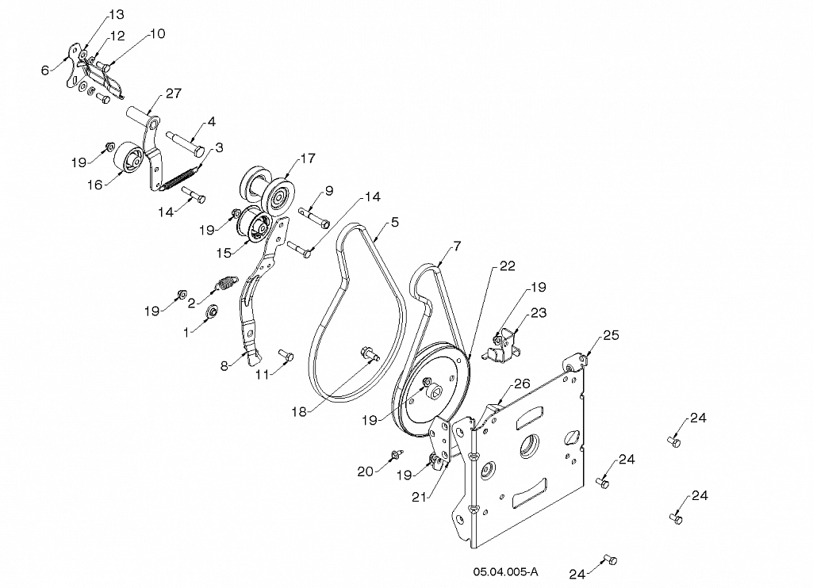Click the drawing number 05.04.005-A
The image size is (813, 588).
505,571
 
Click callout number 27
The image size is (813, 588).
173,94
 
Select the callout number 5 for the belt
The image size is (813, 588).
394,222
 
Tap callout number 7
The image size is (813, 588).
456,247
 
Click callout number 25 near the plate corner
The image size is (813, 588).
610,334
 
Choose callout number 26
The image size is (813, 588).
521,384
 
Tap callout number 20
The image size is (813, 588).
365,471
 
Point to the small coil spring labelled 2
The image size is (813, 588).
227,282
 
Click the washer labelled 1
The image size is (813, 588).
213,312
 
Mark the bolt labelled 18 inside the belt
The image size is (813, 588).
370,354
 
